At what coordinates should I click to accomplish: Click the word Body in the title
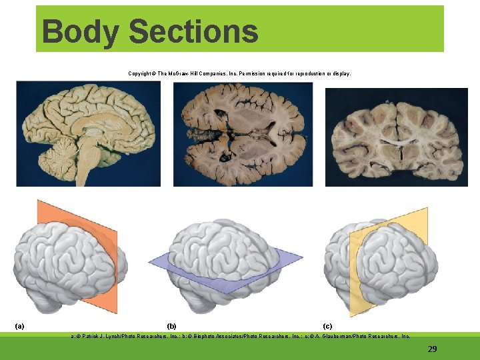tap(79, 31)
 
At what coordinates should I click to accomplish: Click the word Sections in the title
tap(193, 31)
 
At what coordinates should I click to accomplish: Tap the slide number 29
tap(432, 349)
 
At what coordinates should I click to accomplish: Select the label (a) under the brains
tap(20, 326)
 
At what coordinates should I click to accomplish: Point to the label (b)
tap(171, 326)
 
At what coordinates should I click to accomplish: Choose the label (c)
tap(327, 326)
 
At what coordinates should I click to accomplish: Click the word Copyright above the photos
tap(141, 73)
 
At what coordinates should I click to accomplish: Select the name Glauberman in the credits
tap(340, 337)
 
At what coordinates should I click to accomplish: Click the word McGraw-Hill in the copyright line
tap(185, 73)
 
